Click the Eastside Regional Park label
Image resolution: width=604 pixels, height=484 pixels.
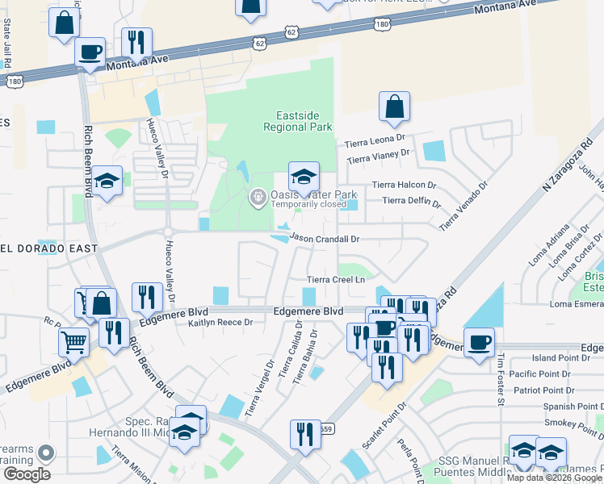point(298,121)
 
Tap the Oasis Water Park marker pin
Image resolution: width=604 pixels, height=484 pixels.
point(258,196)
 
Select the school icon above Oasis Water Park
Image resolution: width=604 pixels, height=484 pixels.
point(304,177)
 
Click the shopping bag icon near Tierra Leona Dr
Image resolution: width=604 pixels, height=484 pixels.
point(394,106)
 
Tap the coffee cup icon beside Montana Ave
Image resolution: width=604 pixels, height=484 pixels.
point(90,52)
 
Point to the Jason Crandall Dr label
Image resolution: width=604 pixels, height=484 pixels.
point(324,239)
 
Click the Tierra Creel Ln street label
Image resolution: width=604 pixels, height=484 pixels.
point(336,280)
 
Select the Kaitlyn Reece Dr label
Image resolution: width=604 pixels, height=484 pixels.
point(220,323)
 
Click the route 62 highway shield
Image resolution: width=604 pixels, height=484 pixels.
point(259,40)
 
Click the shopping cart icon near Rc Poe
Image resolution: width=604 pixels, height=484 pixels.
point(73,342)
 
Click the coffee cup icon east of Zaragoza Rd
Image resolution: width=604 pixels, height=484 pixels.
point(479,342)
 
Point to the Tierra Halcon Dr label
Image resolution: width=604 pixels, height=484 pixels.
point(404,185)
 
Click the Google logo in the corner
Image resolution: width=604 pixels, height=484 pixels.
point(27,474)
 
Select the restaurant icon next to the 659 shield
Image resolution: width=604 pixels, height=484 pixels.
point(305,435)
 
